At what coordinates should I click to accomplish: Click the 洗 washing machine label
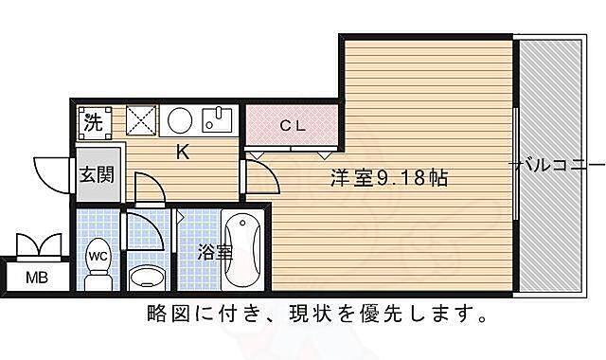(x=93, y=121)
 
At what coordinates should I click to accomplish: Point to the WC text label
(x=97, y=255)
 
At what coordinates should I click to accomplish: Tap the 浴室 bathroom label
(x=215, y=253)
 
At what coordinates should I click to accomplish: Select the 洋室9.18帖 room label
(x=388, y=177)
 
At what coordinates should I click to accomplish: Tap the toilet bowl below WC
(x=98, y=277)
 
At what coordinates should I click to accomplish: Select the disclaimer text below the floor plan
(x=317, y=313)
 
